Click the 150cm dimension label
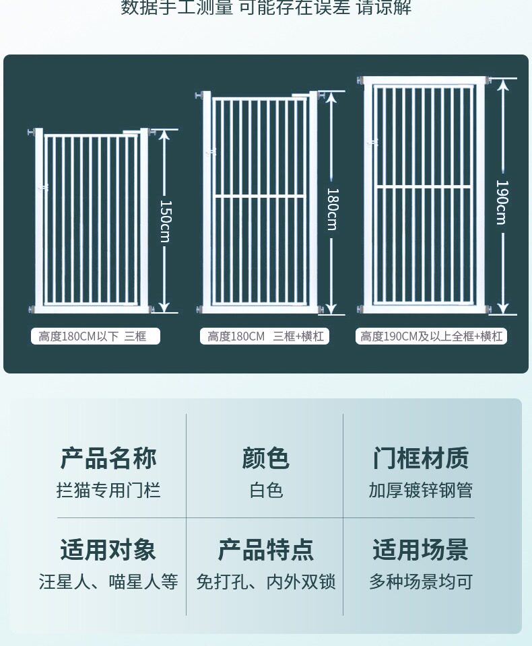[166, 221]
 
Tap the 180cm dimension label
[331, 209]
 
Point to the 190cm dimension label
[502, 202]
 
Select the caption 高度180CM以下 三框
[96, 336]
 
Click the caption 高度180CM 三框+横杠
[265, 336]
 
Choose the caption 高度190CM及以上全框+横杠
[431, 336]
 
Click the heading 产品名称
[108, 458]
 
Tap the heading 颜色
[265, 458]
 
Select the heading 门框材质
[421, 458]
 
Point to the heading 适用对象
[108, 550]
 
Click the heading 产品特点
[265, 550]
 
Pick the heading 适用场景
[421, 550]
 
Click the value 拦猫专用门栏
[108, 490]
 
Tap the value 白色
[265, 490]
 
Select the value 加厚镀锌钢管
[421, 490]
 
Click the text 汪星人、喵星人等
[108, 581]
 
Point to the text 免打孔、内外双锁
[265, 581]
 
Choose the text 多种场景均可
[421, 581]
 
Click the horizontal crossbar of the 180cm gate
[259, 196]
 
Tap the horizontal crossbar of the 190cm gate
[424, 187]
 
